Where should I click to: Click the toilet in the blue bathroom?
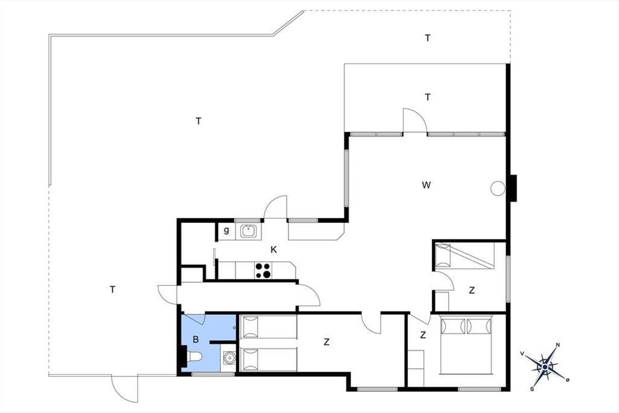click(x=194, y=357)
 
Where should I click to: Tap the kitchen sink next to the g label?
click(x=248, y=231)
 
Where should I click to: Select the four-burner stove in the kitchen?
click(x=263, y=271)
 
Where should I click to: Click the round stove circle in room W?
click(x=498, y=188)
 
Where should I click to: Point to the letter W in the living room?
click(x=426, y=185)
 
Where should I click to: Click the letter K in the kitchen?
click(x=273, y=250)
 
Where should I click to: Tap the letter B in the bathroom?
click(x=196, y=339)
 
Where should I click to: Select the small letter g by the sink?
click(x=226, y=230)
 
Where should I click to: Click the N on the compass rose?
click(x=558, y=345)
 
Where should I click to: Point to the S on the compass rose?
click(x=532, y=389)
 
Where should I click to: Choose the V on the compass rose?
click(x=522, y=354)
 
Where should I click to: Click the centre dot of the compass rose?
click(x=545, y=367)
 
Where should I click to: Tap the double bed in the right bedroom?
click(x=466, y=345)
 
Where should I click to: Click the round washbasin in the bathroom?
click(x=229, y=358)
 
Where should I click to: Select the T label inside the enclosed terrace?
click(x=428, y=98)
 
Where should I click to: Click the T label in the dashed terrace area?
click(x=428, y=38)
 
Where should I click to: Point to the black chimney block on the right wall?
click(x=513, y=188)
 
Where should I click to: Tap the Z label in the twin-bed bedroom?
click(x=327, y=342)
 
